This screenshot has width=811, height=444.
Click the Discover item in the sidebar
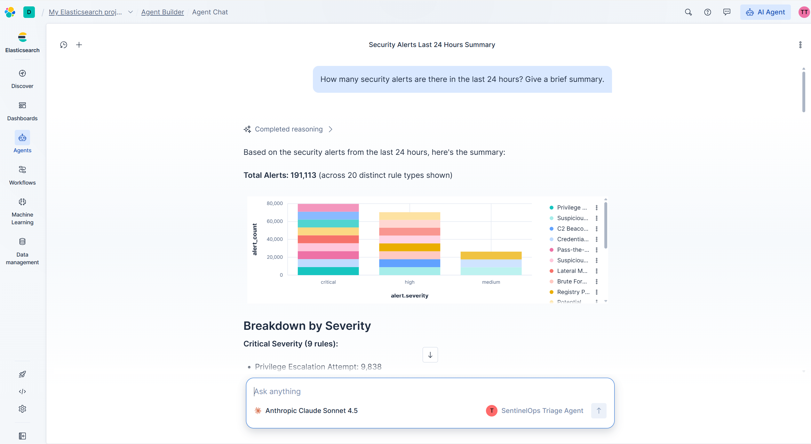tap(22, 79)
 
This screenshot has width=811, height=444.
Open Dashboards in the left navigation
tap(22, 111)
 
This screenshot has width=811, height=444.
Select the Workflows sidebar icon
tap(22, 176)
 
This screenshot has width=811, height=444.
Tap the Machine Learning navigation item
tap(22, 211)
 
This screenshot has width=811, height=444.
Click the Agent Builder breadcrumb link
tap(163, 12)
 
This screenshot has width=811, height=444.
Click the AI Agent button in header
tap(765, 12)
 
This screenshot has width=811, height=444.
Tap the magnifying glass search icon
tap(688, 12)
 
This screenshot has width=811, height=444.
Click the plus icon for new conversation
tap(79, 45)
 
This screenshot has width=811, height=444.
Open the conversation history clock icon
tap(64, 45)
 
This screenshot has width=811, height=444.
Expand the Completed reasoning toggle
tap(288, 129)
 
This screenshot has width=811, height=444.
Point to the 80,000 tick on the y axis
tap(275, 203)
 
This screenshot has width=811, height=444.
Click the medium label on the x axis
tap(491, 282)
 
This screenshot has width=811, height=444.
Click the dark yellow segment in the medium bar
tap(491, 256)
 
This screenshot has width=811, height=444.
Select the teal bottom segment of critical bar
tap(328, 271)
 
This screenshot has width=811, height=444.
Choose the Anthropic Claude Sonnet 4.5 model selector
tap(306, 411)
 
